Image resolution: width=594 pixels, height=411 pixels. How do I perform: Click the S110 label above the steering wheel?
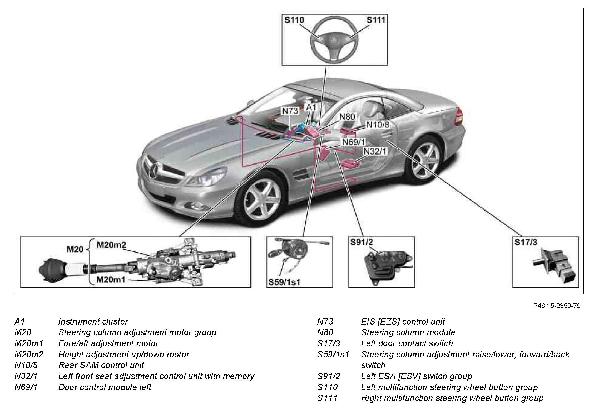point(294,20)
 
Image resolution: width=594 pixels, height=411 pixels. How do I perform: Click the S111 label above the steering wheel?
point(376,20)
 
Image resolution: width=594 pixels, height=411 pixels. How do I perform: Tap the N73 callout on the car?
point(290,111)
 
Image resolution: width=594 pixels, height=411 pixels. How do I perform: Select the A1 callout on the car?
point(311,107)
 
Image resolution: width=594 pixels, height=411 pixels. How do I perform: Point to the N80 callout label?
point(347,117)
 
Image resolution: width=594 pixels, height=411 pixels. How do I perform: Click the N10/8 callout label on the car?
point(378,125)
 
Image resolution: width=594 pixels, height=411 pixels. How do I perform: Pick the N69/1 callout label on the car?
point(354,142)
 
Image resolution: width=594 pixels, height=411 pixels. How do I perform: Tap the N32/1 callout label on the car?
point(375,151)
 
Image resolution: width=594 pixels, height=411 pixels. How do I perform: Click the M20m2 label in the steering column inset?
point(111,245)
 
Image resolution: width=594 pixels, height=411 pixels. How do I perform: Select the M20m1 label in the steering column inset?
point(111,280)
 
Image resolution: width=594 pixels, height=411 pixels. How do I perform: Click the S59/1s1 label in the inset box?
point(284,282)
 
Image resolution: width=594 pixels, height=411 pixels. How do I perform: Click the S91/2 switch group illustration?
point(387,265)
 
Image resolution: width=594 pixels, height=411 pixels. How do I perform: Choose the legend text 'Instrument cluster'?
point(93,322)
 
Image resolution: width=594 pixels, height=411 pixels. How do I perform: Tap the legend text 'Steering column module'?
point(408,332)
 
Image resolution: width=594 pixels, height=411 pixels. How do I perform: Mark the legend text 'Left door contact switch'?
point(407,343)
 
